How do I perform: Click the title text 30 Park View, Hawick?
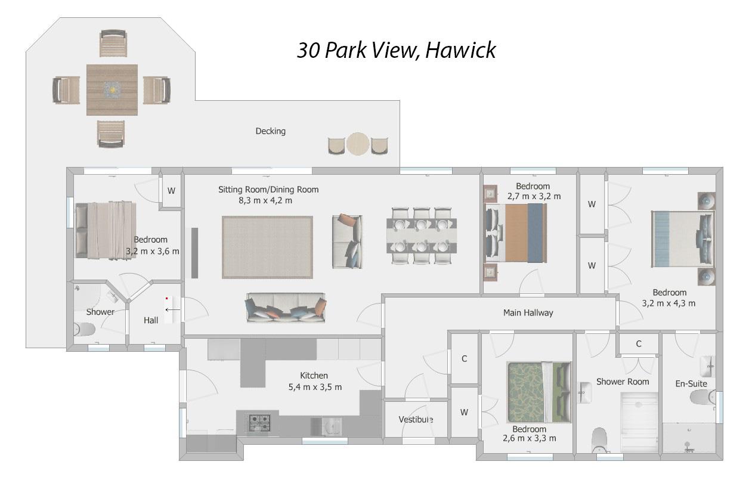tap(396, 50)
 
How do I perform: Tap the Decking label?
tap(270, 131)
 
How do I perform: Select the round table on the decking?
tap(358, 144)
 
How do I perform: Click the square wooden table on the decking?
tap(112, 90)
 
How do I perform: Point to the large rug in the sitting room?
tap(267, 247)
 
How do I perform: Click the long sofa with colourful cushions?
tap(286, 308)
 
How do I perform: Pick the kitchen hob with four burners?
tap(259, 422)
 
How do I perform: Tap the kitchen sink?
tap(330, 426)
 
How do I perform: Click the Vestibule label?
tap(416, 419)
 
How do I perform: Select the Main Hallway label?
tap(528, 312)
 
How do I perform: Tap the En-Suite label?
tap(691, 383)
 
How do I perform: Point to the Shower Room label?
tap(622, 382)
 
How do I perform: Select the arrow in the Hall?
tap(172, 309)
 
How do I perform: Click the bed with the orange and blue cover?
tap(516, 233)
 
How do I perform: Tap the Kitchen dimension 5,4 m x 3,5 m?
tap(314, 387)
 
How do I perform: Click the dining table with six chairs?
tap(422, 235)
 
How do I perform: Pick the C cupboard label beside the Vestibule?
tap(464, 359)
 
